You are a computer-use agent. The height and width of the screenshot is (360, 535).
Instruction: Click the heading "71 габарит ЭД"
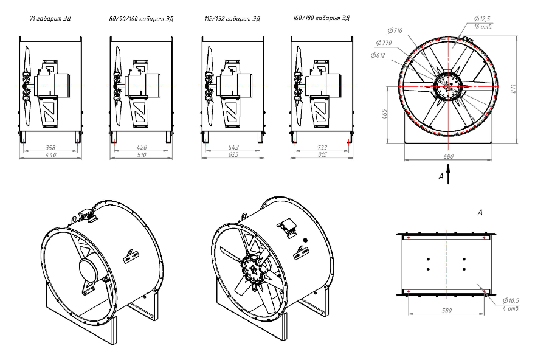50,19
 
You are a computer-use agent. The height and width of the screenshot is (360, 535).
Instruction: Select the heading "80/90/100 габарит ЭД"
141,19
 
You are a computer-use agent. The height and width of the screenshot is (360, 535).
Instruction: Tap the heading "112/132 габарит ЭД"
232,19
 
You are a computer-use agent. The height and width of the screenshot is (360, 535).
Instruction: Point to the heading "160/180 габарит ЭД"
321,18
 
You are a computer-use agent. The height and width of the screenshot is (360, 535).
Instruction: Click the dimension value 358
50,148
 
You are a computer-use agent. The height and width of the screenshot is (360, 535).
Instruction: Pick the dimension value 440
50,155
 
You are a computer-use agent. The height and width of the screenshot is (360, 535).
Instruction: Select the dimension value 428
141,147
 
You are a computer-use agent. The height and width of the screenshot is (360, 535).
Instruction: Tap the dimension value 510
141,155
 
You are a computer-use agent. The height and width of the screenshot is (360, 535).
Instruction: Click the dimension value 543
233,147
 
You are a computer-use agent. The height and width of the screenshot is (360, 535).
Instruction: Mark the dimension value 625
233,155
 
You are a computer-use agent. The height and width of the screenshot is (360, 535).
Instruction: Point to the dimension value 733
322,147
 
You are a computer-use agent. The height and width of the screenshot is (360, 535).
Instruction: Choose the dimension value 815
322,155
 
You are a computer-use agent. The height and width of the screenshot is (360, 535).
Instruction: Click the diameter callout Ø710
395,31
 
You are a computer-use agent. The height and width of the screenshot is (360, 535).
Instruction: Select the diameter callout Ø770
384,43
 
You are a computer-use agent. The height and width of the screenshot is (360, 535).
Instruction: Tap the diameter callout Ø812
378,55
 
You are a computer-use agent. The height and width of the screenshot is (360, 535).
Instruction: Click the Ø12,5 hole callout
481,19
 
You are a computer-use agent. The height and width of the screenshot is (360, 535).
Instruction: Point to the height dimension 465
384,114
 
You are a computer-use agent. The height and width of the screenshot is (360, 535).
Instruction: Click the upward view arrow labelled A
448,175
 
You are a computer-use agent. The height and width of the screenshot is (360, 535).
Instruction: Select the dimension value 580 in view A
447,311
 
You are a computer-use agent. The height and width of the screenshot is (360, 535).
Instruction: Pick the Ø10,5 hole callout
511,300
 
